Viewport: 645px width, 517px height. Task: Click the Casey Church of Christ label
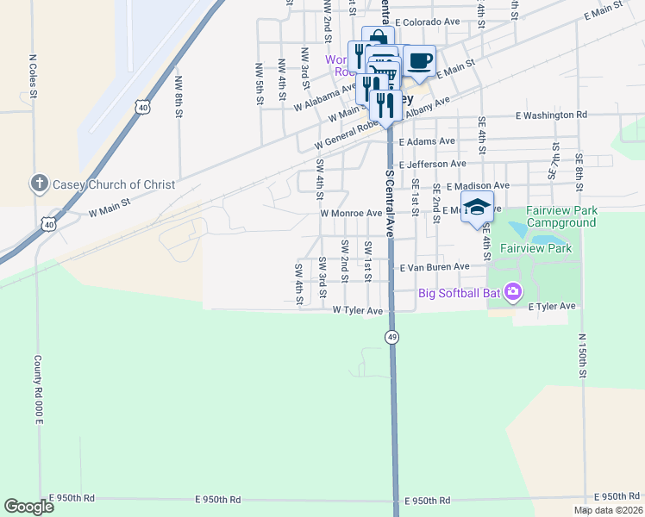click(114, 184)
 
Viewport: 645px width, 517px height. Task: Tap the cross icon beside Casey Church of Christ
click(39, 184)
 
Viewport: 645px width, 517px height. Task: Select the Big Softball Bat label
click(460, 293)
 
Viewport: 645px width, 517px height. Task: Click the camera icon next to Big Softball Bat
click(514, 292)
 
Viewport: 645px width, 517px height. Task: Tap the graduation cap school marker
click(477, 208)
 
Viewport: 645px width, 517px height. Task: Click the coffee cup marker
click(419, 60)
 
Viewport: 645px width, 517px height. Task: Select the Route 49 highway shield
click(392, 337)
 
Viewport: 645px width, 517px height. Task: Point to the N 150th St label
click(582, 356)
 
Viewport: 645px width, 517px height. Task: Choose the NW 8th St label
click(178, 96)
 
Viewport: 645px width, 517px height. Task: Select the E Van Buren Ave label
click(435, 267)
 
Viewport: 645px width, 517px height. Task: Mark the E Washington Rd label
click(551, 115)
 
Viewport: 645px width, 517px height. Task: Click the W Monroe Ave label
click(350, 213)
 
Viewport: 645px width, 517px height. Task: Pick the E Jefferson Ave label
click(432, 163)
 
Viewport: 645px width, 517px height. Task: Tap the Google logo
click(28, 507)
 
